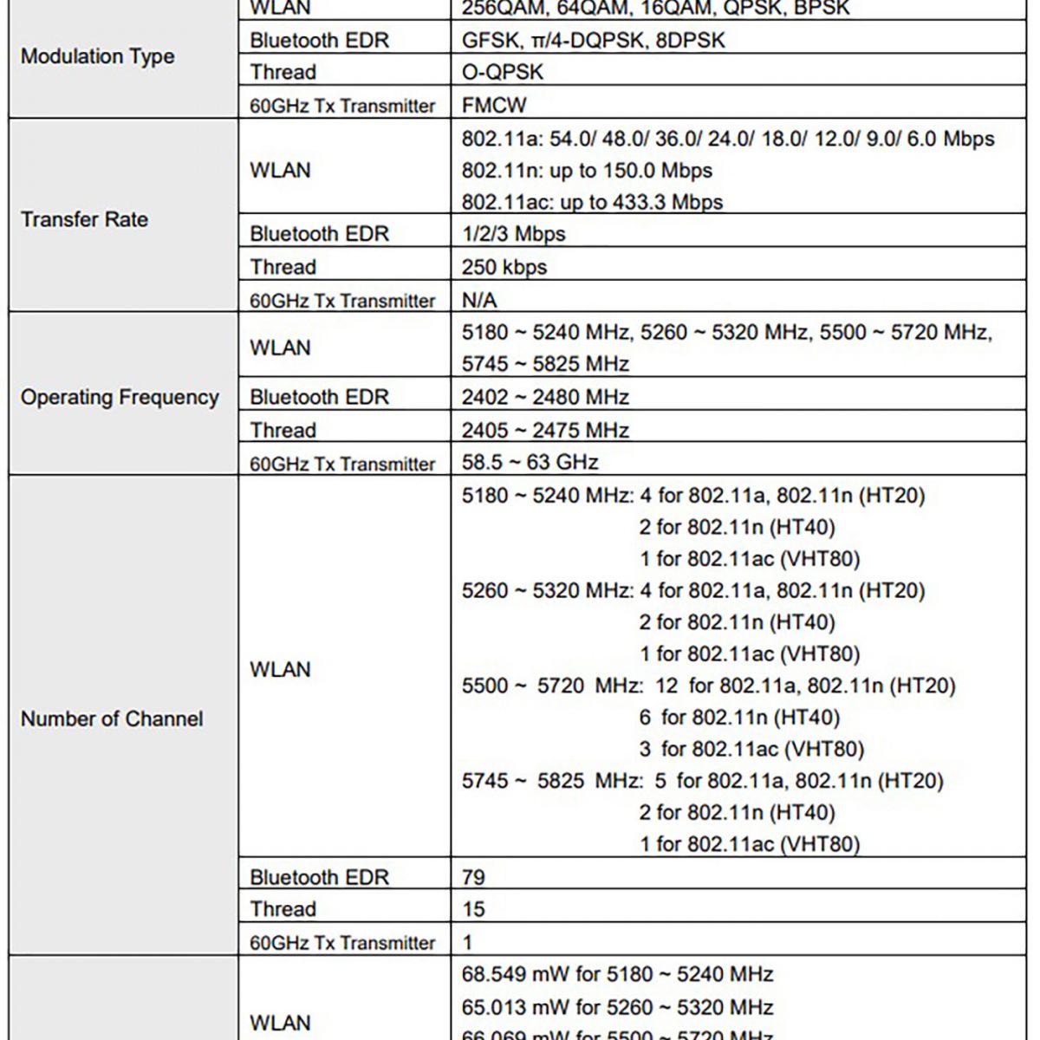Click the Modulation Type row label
click(97, 57)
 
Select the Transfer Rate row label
click(84, 219)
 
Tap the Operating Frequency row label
click(120, 398)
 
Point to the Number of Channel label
click(112, 719)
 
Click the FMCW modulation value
click(494, 106)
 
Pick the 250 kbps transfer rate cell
click(504, 268)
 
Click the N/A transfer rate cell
click(479, 301)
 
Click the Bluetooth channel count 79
click(473, 877)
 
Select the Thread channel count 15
click(473, 909)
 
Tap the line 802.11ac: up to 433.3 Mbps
click(592, 203)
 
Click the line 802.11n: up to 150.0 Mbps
click(587, 171)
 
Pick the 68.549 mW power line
click(617, 975)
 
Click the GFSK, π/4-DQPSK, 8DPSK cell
click(594, 41)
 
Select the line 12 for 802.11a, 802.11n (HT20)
click(805, 686)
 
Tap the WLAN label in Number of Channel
click(280, 670)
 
